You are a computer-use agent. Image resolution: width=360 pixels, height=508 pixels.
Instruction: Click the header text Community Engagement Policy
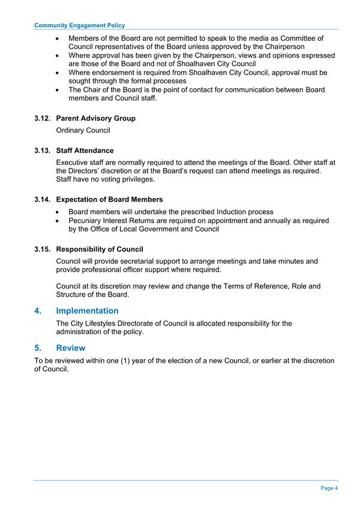click(x=80, y=25)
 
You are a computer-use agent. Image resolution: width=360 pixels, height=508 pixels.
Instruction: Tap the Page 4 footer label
click(x=329, y=488)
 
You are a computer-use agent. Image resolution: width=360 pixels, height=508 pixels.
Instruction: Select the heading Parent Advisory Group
click(x=95, y=118)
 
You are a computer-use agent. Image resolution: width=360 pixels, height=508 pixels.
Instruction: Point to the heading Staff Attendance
click(x=85, y=151)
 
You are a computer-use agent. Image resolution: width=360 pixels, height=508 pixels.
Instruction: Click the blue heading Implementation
click(x=87, y=311)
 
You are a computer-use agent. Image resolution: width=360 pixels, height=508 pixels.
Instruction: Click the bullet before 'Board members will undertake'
click(x=57, y=212)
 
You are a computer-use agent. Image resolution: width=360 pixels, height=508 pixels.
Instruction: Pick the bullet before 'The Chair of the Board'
click(x=57, y=90)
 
